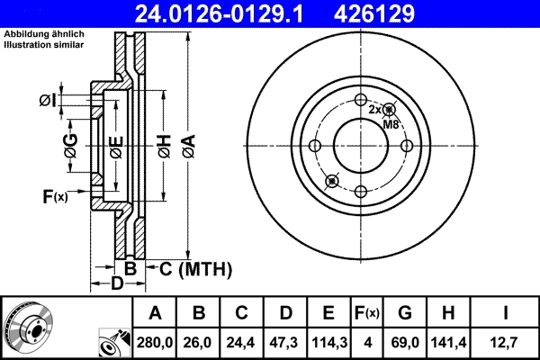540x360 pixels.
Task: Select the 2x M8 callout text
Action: (x=385, y=116)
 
